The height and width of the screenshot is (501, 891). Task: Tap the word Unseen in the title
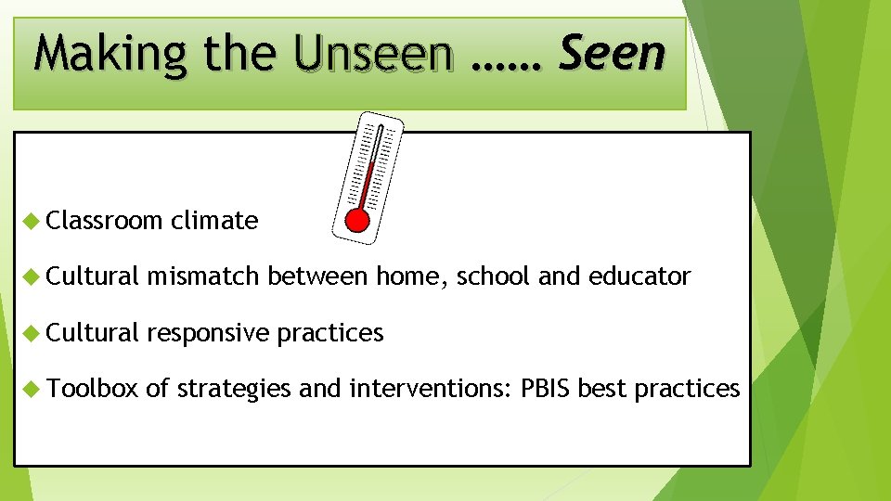[x=373, y=55]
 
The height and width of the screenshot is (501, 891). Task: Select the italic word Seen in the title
[x=612, y=53]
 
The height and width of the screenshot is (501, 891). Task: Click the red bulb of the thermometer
[x=356, y=219]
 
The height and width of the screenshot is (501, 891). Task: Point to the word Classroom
[x=104, y=221]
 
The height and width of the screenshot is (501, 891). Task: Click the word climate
[x=214, y=221]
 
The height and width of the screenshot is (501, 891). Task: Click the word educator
[x=637, y=276]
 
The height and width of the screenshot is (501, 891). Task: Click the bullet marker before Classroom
[x=31, y=221]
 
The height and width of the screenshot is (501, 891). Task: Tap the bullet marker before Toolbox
[x=31, y=388]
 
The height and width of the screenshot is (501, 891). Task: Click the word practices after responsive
[x=330, y=333]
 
